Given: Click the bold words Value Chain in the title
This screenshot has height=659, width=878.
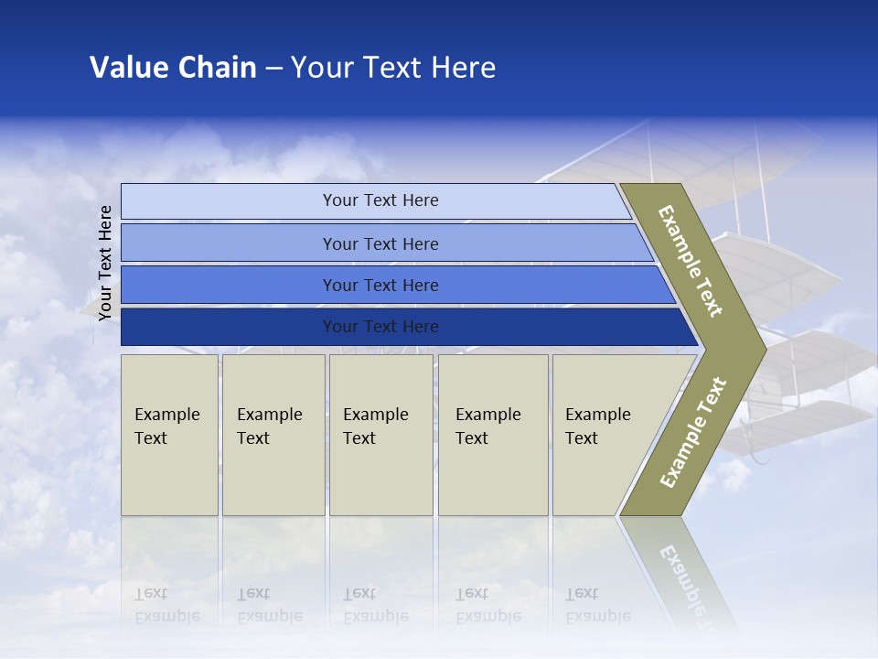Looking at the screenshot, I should point(173,67).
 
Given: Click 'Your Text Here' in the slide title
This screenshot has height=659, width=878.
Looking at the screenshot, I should point(393,67).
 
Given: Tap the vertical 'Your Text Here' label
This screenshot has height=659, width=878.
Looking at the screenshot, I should point(105,263).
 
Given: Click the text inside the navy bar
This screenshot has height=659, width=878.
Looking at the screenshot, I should point(380,327).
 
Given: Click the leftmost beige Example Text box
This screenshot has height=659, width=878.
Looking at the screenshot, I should point(169,435).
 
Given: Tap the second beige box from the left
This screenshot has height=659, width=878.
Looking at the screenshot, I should point(273,435).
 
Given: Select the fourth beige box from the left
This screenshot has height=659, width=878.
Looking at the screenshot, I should point(493,435).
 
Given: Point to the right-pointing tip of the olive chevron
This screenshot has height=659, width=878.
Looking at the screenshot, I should point(761,349).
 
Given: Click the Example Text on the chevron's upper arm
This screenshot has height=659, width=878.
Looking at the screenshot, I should point(691,261).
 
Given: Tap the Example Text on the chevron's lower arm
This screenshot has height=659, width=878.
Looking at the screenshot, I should point(692,433).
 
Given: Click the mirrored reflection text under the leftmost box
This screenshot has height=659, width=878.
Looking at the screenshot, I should point(166,605).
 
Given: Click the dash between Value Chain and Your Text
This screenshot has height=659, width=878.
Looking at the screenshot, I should point(273,68).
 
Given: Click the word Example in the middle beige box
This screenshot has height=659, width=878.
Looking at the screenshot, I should point(375,415).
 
